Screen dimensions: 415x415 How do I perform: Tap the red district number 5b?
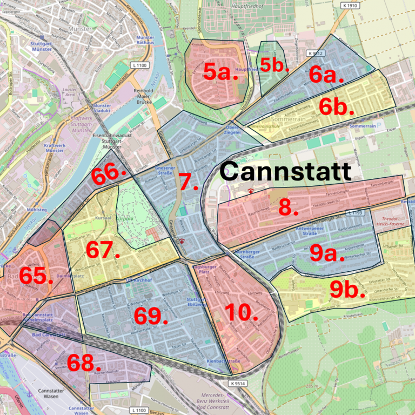pyautogui.click(x=272, y=65)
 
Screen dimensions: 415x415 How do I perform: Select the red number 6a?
pyautogui.click(x=326, y=75)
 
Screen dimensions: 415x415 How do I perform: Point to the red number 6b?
pyautogui.click(x=336, y=107)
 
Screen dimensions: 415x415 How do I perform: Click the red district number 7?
pyautogui.click(x=189, y=182)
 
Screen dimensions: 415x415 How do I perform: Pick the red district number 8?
pyautogui.click(x=288, y=207)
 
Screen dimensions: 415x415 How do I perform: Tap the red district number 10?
pyautogui.click(x=241, y=312)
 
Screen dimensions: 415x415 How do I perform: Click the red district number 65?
pyautogui.click(x=36, y=276)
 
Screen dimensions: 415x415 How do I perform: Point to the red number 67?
pyautogui.click(x=103, y=250)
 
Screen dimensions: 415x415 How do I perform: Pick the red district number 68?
pyautogui.click(x=84, y=363)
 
